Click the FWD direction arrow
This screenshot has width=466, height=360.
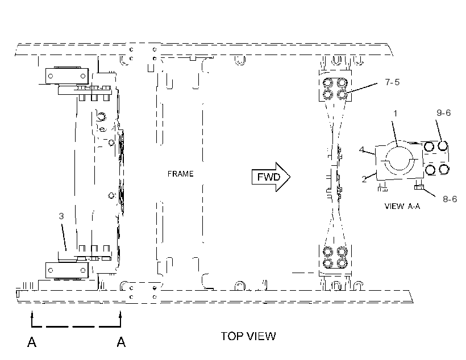(x=271, y=177)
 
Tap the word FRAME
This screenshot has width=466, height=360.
(x=180, y=174)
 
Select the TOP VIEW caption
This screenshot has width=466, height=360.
(x=248, y=336)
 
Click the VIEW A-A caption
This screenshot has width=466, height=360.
(x=402, y=206)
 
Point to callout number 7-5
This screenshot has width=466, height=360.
(x=392, y=82)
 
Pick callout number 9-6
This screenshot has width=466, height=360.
(x=443, y=113)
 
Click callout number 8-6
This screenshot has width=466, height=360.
(x=450, y=199)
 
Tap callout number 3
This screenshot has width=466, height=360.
(x=61, y=216)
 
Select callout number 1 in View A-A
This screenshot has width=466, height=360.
(x=396, y=114)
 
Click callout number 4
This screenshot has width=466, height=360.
(x=361, y=149)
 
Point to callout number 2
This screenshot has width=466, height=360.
(x=364, y=179)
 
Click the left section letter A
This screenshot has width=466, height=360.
(x=32, y=342)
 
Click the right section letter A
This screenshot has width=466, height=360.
(x=121, y=342)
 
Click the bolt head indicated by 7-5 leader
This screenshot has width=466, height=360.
(x=342, y=95)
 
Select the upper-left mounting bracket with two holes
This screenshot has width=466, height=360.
(x=67, y=76)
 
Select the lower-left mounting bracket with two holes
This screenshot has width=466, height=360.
(x=67, y=270)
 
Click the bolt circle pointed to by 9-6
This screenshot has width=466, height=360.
(x=443, y=146)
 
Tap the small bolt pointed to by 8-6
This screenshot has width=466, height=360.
(x=418, y=187)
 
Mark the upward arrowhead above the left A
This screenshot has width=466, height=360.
(x=32, y=313)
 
